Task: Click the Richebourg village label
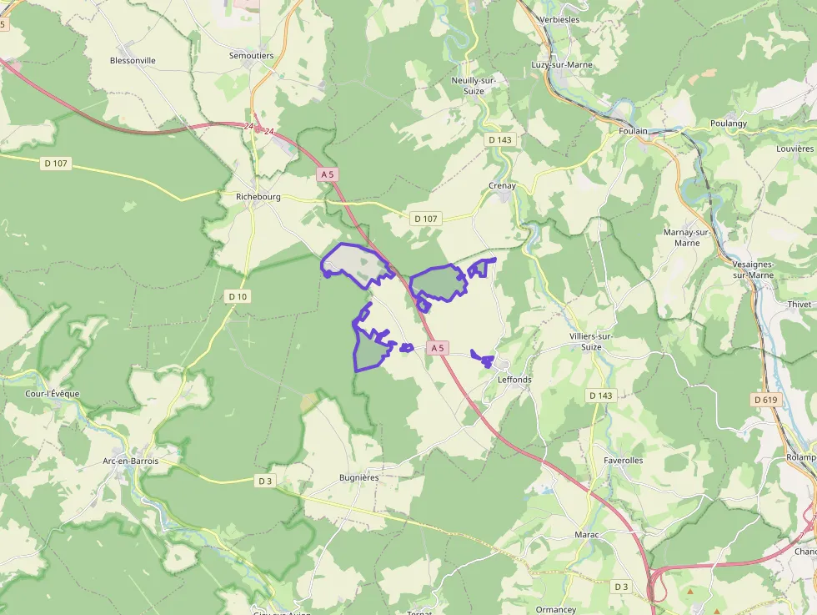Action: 258,198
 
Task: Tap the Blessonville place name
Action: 133,61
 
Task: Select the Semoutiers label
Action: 251,56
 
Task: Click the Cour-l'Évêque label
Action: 53,394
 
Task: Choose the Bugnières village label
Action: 358,477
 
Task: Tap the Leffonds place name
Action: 514,380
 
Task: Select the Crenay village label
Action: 502,186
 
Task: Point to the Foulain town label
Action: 634,131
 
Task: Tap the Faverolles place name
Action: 623,460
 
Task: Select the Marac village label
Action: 587,534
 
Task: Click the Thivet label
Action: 799,305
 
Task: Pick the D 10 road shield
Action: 238,296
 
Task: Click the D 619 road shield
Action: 765,400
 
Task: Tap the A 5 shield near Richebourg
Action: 327,174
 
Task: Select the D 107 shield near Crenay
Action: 425,219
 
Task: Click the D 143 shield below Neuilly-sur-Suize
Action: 499,139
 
